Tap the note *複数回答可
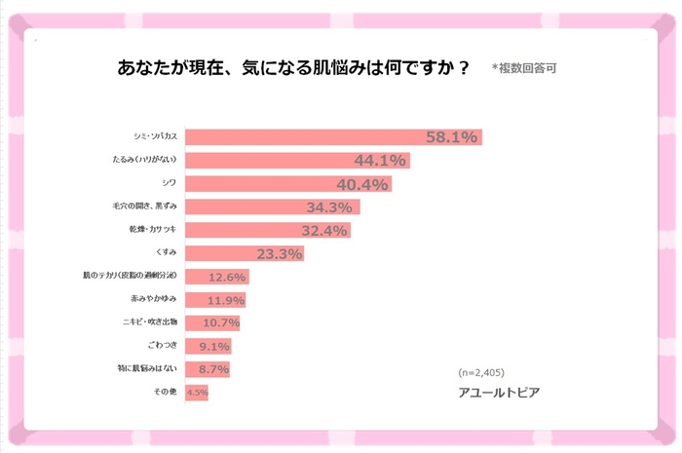(x=524, y=68)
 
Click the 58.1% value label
(x=451, y=137)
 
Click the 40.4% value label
(x=362, y=184)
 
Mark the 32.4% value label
(x=324, y=231)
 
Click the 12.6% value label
(x=228, y=278)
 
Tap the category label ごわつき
(x=160, y=346)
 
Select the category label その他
(x=164, y=393)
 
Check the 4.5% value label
(x=197, y=394)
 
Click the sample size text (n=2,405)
(x=482, y=372)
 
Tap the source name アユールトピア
(x=498, y=393)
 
